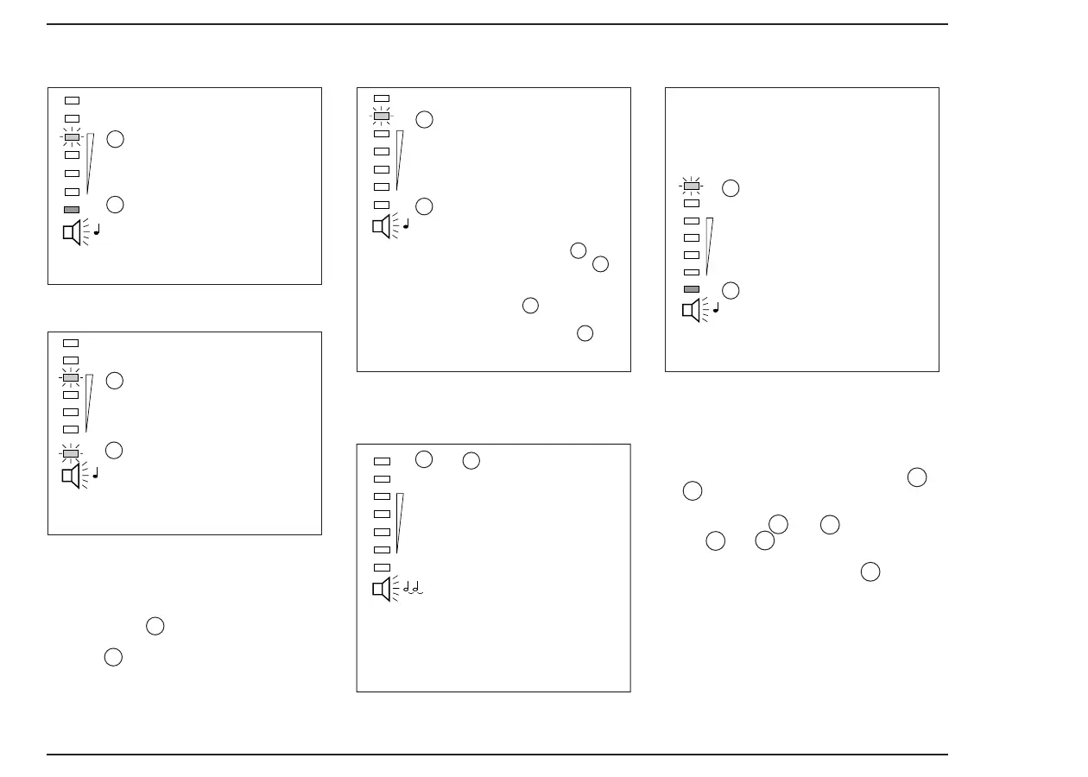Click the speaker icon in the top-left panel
click(x=73, y=232)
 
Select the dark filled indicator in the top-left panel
click(x=72, y=210)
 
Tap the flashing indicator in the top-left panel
click(x=72, y=137)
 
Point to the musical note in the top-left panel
click(x=97, y=230)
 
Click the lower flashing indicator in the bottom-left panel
click(x=71, y=453)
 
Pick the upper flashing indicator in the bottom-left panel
click(x=71, y=377)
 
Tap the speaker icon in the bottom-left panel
click(x=71, y=476)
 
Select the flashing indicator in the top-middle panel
click(x=381, y=116)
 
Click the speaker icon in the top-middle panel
click(x=382, y=226)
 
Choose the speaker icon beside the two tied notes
click(x=382, y=589)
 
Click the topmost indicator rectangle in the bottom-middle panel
click(x=382, y=461)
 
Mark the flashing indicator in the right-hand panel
click(x=691, y=186)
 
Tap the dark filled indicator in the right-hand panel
click(x=691, y=289)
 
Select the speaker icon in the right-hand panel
click(x=691, y=310)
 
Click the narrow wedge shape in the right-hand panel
click(x=708, y=246)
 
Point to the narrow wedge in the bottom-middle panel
click(x=399, y=522)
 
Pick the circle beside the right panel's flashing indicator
click(x=731, y=188)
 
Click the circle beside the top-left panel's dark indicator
click(x=115, y=205)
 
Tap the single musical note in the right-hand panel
click(x=716, y=307)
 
